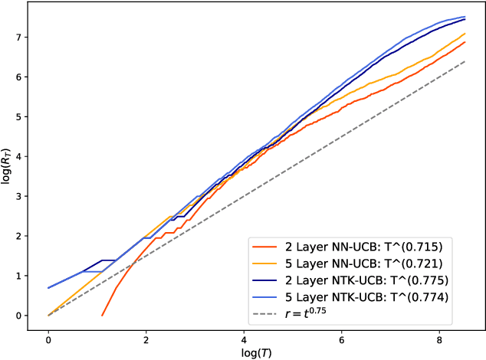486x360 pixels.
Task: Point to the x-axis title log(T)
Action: [x=256, y=352]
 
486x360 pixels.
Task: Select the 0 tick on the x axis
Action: [x=48, y=337]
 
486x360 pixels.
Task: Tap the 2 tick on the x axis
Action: [x=146, y=337]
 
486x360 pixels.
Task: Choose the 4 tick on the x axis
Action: [x=243, y=337]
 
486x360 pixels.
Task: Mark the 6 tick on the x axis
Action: [x=341, y=337]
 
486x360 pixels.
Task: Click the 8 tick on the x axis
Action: [x=438, y=337]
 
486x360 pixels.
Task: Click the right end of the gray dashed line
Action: [x=466, y=61]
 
